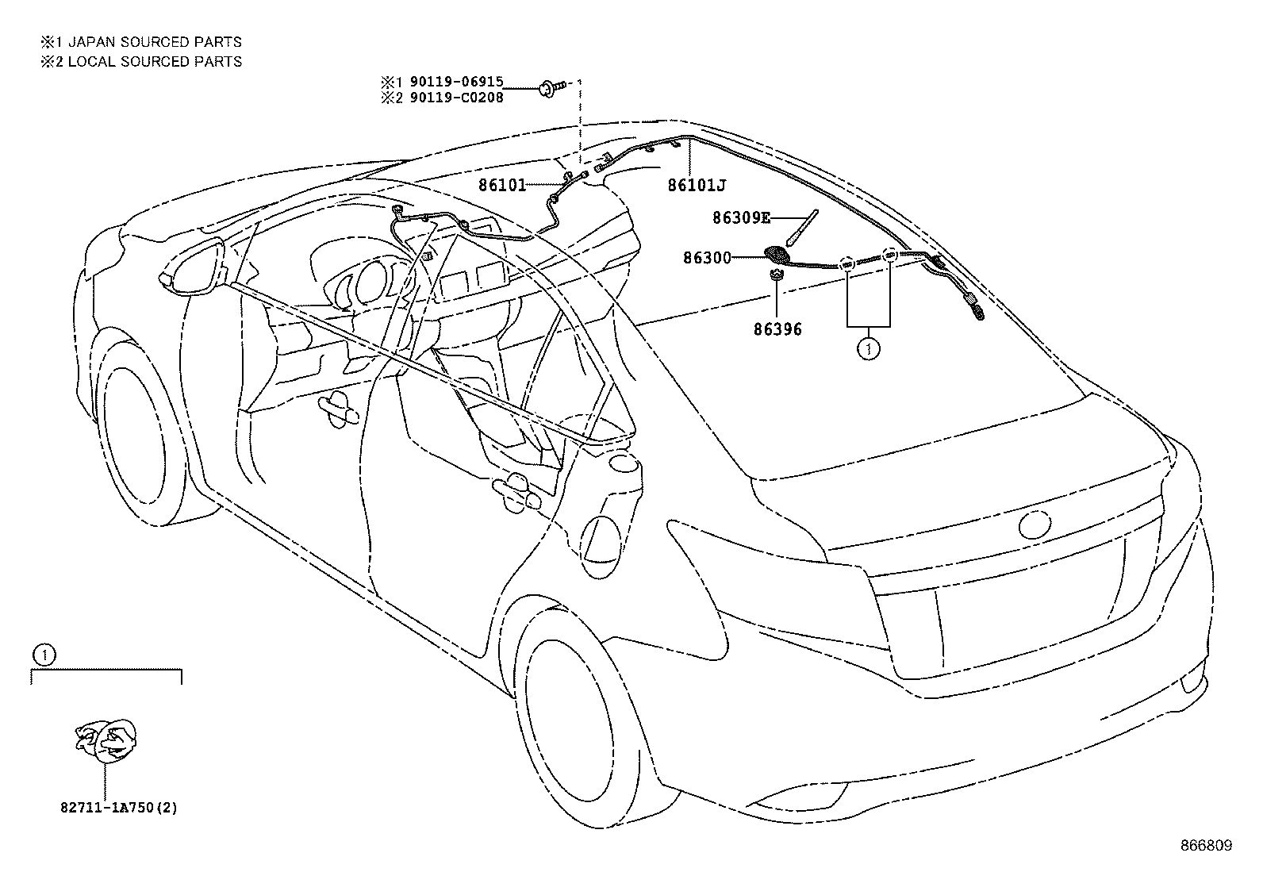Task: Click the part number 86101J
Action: click(x=697, y=185)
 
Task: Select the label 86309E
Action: click(x=741, y=217)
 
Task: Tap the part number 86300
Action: click(x=707, y=258)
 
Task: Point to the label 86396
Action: click(x=777, y=329)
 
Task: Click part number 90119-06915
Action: click(x=456, y=82)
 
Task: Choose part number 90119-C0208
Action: click(x=456, y=98)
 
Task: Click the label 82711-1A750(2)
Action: click(x=119, y=808)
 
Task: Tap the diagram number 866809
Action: click(x=1207, y=846)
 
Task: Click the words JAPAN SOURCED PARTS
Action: click(x=155, y=42)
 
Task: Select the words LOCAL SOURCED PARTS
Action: click(x=155, y=61)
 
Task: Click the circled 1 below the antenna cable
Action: click(x=868, y=349)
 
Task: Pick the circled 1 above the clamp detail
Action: click(x=44, y=655)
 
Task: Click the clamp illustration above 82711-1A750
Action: click(x=106, y=740)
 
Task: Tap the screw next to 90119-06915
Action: click(x=551, y=88)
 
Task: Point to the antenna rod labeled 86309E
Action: click(x=802, y=228)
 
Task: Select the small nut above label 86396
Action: click(x=777, y=275)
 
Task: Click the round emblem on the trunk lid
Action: click(x=1035, y=524)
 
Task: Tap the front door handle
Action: click(x=338, y=410)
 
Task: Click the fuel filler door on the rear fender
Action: click(x=601, y=547)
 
